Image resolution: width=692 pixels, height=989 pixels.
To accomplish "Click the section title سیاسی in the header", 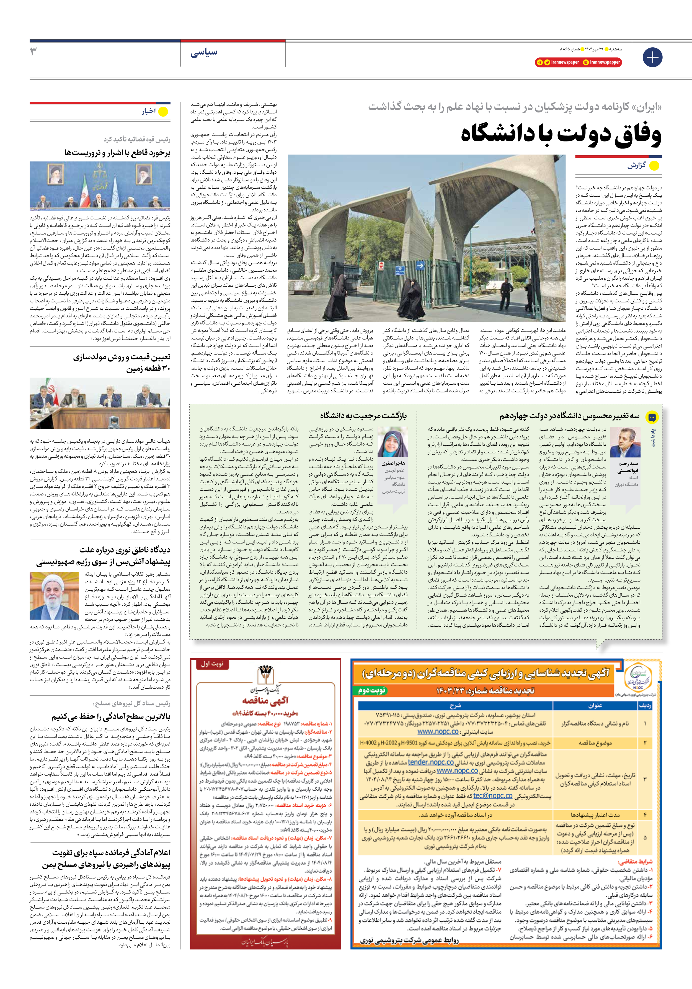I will tap(204, 53).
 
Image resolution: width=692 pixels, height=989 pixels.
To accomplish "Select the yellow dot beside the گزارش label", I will tap(654, 166).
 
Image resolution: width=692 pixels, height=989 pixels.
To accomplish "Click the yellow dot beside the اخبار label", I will tap(163, 112).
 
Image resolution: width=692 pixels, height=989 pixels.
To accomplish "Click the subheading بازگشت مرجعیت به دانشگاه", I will tap(363, 416).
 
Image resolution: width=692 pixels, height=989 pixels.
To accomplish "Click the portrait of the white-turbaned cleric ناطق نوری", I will tap(54, 595).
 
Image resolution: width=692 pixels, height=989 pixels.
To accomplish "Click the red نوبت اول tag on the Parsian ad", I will tap(212, 664).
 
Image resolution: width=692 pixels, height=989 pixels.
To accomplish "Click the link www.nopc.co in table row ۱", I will tap(438, 731).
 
